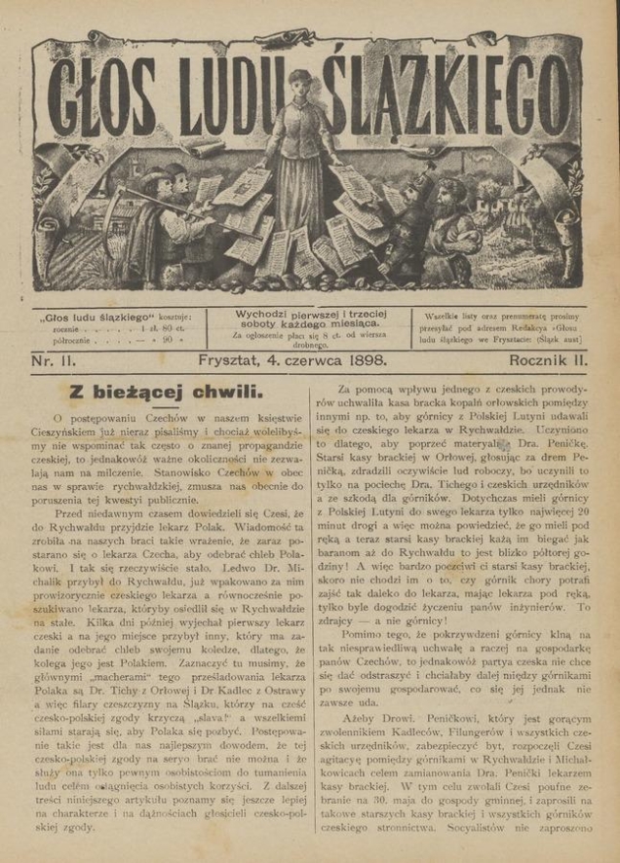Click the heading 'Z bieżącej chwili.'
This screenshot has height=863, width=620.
(165, 393)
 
